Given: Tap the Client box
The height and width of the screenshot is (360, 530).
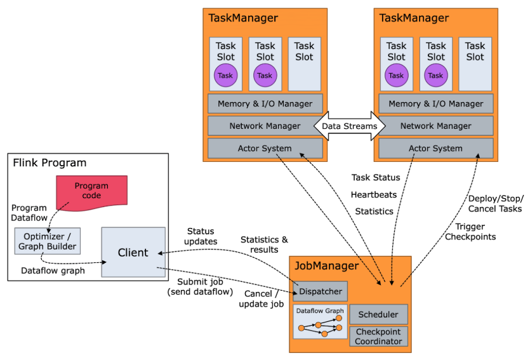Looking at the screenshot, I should coord(133,252).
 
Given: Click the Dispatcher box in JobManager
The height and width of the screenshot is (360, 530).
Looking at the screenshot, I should coord(321,291).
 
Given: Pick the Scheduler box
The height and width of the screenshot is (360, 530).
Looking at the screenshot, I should coord(378,314).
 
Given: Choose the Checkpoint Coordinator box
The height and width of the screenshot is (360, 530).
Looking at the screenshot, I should coord(378,337).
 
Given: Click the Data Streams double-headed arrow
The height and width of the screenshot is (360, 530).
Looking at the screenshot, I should coord(349,126).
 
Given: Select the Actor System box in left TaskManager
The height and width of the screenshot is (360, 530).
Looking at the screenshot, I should coord(265,149).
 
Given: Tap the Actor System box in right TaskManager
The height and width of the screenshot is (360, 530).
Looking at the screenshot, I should coord(435,149).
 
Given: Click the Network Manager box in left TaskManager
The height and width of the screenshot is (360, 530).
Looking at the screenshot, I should coord(265,126).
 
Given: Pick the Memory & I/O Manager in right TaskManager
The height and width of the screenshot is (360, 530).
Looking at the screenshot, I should coord(435,103).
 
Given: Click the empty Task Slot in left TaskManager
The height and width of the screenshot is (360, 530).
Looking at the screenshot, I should coord(304,63).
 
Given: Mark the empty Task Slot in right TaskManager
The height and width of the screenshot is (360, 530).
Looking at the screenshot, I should coord(475,63).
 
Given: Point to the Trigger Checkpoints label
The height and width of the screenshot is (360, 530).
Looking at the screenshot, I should coord(470,232).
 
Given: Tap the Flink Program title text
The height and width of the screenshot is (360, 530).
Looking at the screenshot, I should coord(50,163).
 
